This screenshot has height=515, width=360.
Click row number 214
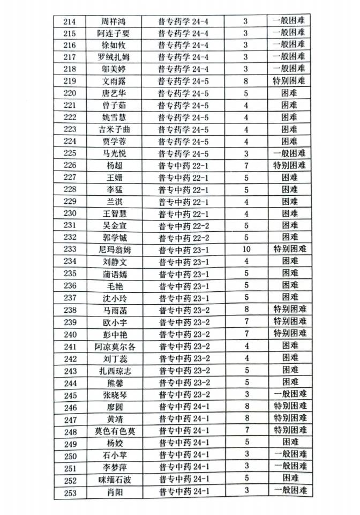pyautogui.click(x=70, y=21)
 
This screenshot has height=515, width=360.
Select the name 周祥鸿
pyautogui.click(x=113, y=21)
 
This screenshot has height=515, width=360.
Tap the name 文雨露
pyautogui.click(x=113, y=81)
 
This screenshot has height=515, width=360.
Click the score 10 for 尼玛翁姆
pyautogui.click(x=246, y=249)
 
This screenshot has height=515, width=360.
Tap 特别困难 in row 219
pyautogui.click(x=289, y=81)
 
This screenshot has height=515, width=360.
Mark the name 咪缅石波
pyautogui.click(x=114, y=479)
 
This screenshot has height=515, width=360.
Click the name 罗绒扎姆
pyautogui.click(x=114, y=57)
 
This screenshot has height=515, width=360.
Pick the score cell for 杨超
pyautogui.click(x=246, y=165)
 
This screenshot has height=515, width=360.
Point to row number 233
pyautogui.click(x=70, y=249)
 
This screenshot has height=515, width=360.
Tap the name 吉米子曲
pyautogui.click(x=114, y=129)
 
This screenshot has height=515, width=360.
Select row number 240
pyautogui.click(x=70, y=334)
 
